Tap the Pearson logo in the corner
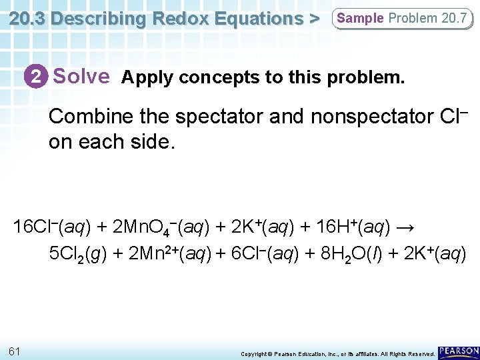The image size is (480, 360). [x=459, y=351]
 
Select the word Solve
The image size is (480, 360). [x=81, y=77]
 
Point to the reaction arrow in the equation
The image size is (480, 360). [x=405, y=228]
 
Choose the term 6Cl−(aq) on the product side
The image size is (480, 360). [x=267, y=254]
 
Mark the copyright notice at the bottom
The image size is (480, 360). [x=337, y=353]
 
